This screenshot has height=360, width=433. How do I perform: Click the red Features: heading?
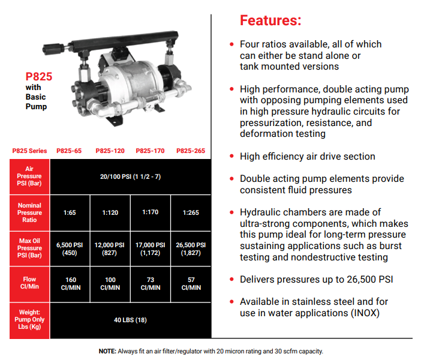point(270,20)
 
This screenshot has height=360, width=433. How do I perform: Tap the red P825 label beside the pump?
point(38,77)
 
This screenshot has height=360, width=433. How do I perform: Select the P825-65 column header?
point(69,151)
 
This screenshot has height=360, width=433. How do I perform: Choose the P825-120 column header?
point(110,151)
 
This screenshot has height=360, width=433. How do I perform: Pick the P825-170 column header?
point(150,151)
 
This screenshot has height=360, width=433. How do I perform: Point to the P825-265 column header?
point(191,151)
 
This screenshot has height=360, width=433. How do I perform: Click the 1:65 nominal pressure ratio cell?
point(70,212)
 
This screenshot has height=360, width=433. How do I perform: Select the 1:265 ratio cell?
point(191,212)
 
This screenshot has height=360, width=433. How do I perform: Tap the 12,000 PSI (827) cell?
point(110,249)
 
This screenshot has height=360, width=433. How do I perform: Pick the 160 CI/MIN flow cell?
point(71,284)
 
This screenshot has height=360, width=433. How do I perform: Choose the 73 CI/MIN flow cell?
point(151,284)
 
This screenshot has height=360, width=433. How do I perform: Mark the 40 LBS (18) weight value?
point(130,320)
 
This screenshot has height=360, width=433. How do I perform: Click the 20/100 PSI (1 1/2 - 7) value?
point(130,176)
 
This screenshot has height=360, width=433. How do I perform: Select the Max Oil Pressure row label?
point(29,248)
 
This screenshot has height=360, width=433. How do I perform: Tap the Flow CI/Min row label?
point(29,283)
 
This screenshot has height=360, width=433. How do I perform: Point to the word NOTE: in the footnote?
point(107,352)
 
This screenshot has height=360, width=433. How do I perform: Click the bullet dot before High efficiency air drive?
point(231,157)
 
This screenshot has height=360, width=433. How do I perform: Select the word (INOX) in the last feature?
point(365,313)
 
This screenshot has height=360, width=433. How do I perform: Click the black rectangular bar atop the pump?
point(124,42)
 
